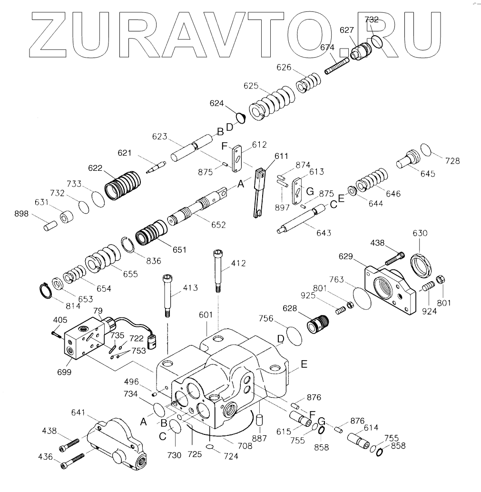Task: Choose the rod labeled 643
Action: point(302,219)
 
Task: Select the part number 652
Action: point(219,225)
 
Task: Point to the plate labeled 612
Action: point(236,157)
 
